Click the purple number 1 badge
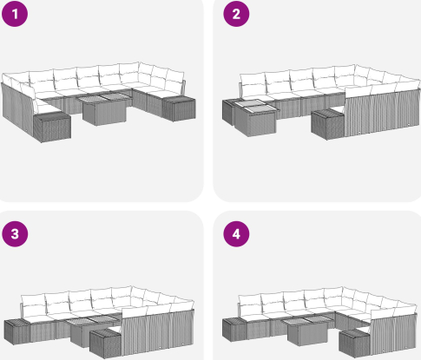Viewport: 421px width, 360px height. tap(15, 14)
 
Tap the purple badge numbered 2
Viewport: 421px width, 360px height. tap(236, 14)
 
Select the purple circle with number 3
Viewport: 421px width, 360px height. tap(15, 233)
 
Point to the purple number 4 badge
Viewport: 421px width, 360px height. tap(236, 233)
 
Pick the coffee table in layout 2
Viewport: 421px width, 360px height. tap(255, 118)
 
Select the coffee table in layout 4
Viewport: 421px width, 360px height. tap(308, 331)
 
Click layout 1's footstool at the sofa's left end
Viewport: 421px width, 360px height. tap(52, 127)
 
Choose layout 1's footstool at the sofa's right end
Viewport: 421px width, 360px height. tap(179, 108)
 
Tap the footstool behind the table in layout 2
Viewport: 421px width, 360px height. tap(229, 112)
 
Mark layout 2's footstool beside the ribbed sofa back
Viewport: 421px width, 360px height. tap(328, 124)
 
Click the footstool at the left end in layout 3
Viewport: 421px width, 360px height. tap(17, 331)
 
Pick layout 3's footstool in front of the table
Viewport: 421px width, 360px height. tap(106, 344)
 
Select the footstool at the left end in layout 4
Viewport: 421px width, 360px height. tap(234, 329)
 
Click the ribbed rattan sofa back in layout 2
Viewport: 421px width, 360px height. tap(382, 113)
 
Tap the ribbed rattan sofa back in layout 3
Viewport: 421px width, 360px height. tap(158, 332)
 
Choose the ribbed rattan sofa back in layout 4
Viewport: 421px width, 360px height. tap(395, 333)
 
